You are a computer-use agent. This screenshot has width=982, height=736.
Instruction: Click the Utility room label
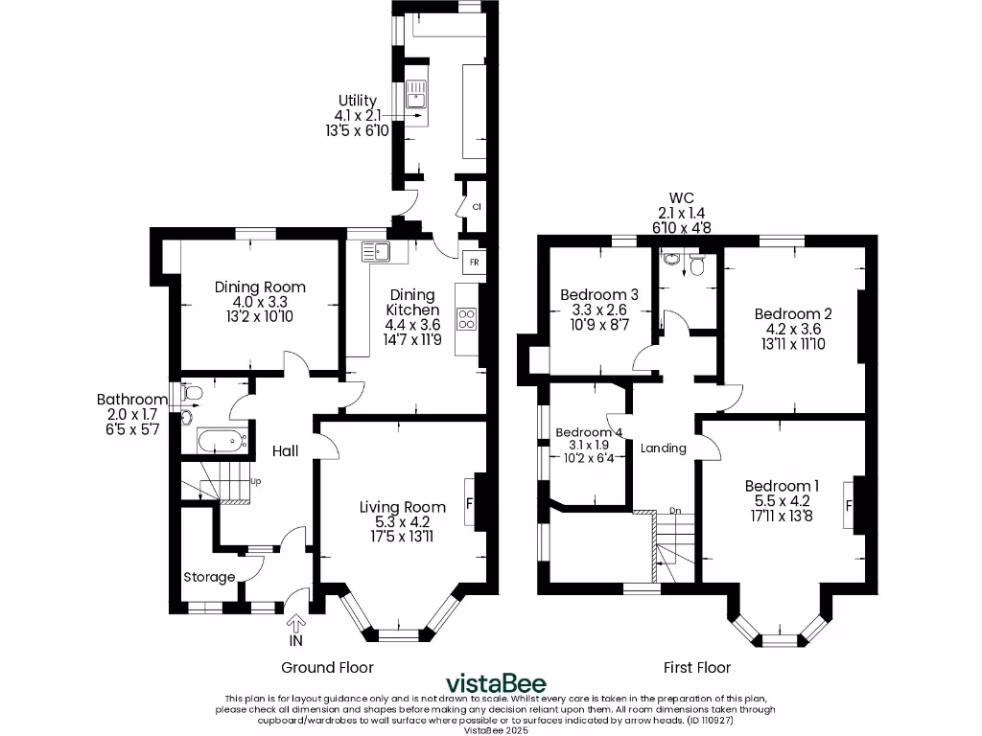tap(357, 101)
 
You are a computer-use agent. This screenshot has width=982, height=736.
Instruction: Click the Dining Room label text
tap(260, 287)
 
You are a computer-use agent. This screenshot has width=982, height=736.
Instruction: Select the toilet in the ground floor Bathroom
tap(192, 393)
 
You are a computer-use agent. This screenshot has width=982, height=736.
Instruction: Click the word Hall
tap(286, 450)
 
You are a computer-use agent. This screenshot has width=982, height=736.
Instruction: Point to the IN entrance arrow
tap(295, 625)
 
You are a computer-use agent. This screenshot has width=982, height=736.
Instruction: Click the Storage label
tap(209, 577)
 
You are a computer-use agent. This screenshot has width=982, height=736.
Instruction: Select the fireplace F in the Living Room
tap(470, 501)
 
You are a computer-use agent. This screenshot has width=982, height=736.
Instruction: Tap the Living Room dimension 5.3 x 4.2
tap(402, 522)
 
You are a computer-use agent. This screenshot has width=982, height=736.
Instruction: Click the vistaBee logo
tap(492, 683)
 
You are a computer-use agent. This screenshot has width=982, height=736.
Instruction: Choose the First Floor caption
tap(697, 667)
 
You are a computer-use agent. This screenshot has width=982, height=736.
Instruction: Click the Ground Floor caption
tap(327, 667)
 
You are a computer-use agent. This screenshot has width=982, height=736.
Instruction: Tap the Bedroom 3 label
tap(599, 294)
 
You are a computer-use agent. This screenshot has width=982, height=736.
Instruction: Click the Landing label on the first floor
tap(663, 448)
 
